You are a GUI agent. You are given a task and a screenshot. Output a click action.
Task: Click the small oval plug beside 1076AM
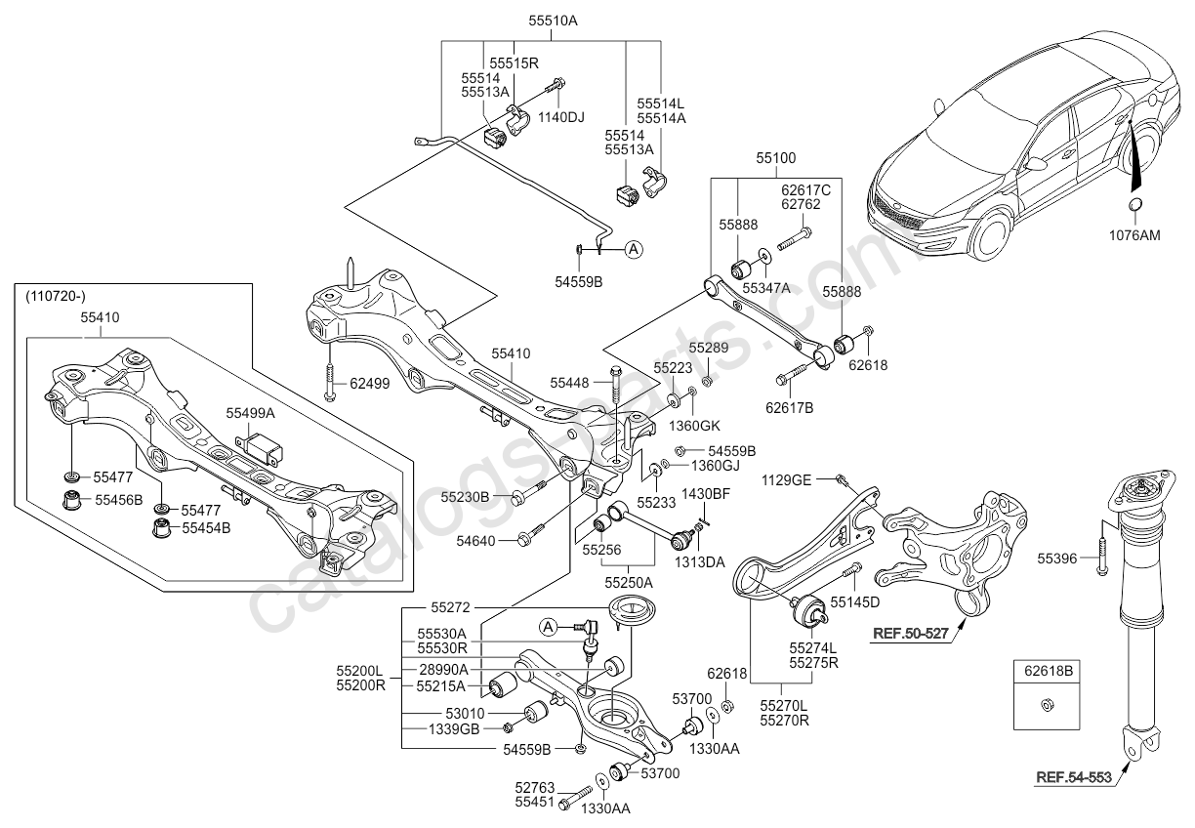click(1134, 204)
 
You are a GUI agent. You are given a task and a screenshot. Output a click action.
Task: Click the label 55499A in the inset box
click(251, 413)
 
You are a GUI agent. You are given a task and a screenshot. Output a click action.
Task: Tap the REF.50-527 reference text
click(911, 633)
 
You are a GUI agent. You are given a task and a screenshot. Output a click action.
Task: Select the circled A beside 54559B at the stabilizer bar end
click(634, 249)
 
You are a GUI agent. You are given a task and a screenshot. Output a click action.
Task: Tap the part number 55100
click(775, 156)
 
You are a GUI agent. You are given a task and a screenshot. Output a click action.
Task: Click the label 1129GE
click(786, 478)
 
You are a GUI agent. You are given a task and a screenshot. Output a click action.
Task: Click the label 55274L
click(813, 646)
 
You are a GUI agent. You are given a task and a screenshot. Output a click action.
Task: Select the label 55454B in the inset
click(205, 528)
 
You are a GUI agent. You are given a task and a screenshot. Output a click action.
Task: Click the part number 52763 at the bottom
click(535, 787)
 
